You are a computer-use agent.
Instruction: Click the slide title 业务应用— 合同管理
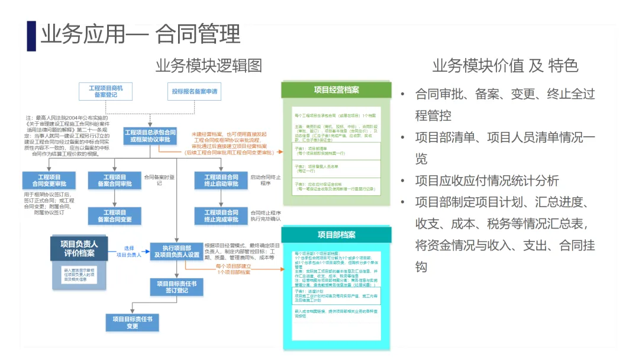(x=140, y=34)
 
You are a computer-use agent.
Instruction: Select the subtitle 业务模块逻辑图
(x=208, y=65)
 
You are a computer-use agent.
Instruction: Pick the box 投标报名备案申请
(x=195, y=92)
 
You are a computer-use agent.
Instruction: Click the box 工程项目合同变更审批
(x=50, y=180)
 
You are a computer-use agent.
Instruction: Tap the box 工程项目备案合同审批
(x=115, y=180)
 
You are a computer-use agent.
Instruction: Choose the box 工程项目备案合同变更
(x=115, y=216)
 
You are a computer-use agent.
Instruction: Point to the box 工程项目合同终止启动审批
(x=221, y=180)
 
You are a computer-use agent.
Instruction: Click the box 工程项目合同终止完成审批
(x=221, y=216)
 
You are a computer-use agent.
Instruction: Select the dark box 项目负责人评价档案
(x=79, y=248)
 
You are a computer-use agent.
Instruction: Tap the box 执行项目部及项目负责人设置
(x=177, y=251)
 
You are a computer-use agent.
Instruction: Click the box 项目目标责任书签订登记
(x=177, y=287)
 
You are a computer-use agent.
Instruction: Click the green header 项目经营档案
(x=336, y=90)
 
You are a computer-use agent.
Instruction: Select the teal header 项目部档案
(x=336, y=235)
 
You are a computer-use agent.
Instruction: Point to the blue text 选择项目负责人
(x=129, y=252)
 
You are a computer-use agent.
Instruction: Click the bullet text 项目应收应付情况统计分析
(x=486, y=181)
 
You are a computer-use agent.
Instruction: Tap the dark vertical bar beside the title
(x=31, y=36)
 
